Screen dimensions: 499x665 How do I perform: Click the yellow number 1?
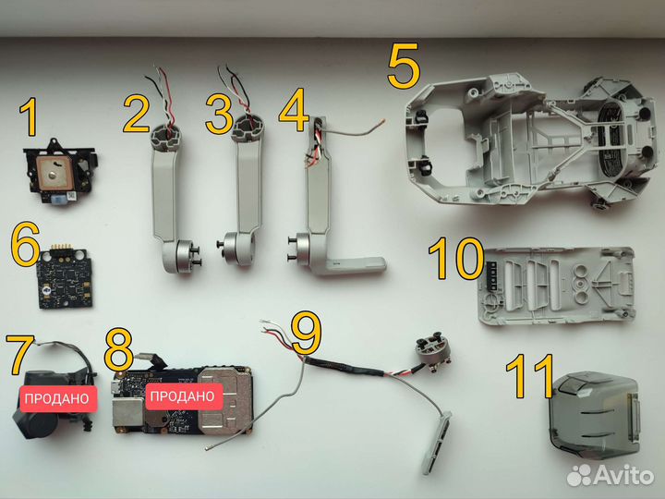point(30,121)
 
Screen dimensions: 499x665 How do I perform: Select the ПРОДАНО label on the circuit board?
point(181,396)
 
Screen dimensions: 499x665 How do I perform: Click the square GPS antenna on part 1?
point(54,170)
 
